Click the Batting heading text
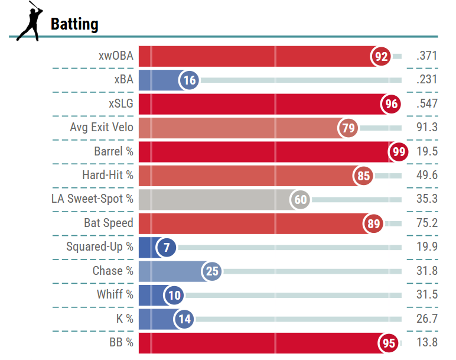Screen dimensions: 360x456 74,24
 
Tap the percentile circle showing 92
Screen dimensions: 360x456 381,57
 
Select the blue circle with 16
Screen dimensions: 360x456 190,80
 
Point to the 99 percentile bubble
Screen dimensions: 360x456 399,152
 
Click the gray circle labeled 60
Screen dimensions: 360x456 301,200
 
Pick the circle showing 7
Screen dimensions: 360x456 167,248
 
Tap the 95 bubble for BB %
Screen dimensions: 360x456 389,343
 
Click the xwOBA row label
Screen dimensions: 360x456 116,56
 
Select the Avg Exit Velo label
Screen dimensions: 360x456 102,127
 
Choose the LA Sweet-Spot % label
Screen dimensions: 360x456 92,199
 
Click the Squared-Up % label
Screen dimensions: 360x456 100,247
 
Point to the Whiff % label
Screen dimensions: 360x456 115,294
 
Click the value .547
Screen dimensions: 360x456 426,103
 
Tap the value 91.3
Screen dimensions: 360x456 427,127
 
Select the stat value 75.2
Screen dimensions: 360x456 427,223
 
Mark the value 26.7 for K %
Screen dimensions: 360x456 427,318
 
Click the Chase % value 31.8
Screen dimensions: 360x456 427,271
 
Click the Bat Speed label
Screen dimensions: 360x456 109,223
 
